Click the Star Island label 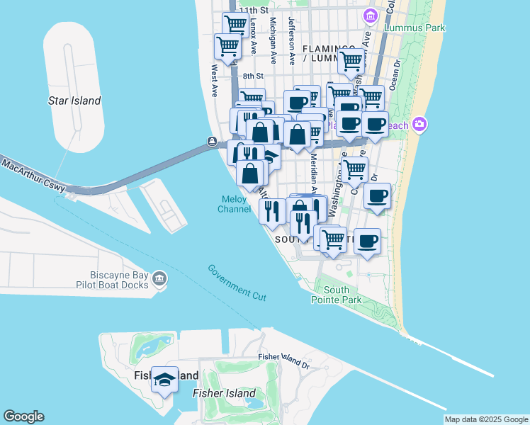click(x=74, y=101)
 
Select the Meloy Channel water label click(x=234, y=204)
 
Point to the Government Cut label click(x=237, y=282)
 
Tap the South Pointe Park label click(x=342, y=295)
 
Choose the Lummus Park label click(x=415, y=28)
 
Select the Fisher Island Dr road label click(x=284, y=361)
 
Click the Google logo click(x=23, y=416)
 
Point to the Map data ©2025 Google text click(x=487, y=419)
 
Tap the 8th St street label click(x=252, y=76)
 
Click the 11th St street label click(x=254, y=11)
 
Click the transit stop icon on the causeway click(x=212, y=142)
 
